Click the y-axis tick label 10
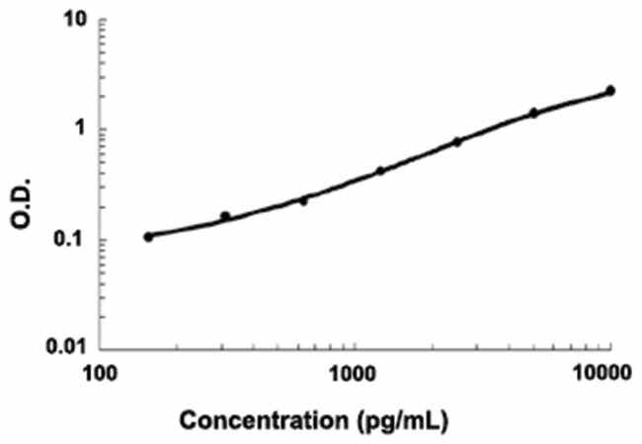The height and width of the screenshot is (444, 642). coord(71,21)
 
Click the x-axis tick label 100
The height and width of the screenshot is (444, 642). coord(100,373)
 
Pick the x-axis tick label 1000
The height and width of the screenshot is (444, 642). coord(353,373)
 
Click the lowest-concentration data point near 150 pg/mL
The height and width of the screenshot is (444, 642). coord(148,237)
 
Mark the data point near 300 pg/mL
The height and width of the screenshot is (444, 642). coord(225,216)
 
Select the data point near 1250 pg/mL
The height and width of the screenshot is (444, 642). coord(380,171)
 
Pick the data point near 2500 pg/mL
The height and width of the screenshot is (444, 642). coord(457,142)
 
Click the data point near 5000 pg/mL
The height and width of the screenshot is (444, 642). coord(534,112)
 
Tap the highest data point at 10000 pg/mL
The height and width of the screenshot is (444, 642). coord(610,91)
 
